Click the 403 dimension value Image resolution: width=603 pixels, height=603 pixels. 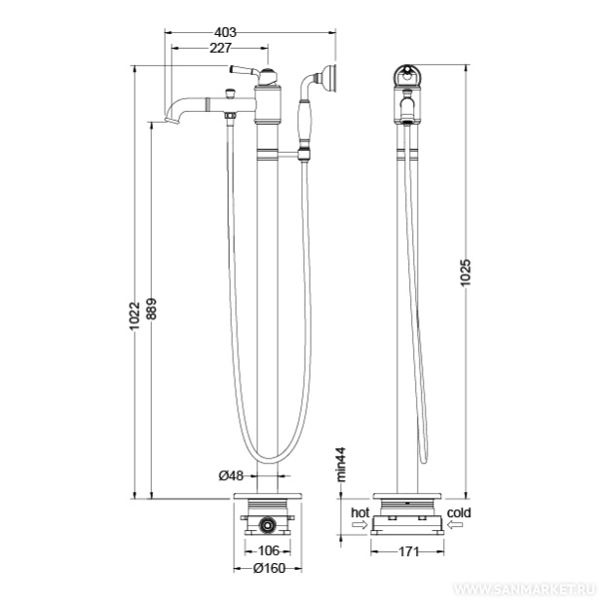coord(225,32)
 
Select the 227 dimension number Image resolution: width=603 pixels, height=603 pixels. coord(220,48)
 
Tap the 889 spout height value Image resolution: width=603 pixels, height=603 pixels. coord(152,309)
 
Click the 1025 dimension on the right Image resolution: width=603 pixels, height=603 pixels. coord(466,273)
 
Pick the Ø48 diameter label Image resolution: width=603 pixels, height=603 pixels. coord(231,475)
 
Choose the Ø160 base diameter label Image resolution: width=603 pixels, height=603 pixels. coord(270,568)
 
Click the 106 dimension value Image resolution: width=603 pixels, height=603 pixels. coord(269,550)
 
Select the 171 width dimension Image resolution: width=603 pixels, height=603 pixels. coord(408,551)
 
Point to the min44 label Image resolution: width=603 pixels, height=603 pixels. coord(341,464)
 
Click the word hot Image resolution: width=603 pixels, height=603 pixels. coord(360,512)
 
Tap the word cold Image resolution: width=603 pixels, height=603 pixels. coord(459,512)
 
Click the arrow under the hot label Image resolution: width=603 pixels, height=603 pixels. coord(360,524)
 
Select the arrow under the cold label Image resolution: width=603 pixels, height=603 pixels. coord(455,524)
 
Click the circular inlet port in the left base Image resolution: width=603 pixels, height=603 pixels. coord(266,524)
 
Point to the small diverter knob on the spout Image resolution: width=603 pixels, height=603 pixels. coord(230,94)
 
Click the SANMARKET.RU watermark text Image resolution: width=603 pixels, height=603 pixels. coord(525,590)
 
